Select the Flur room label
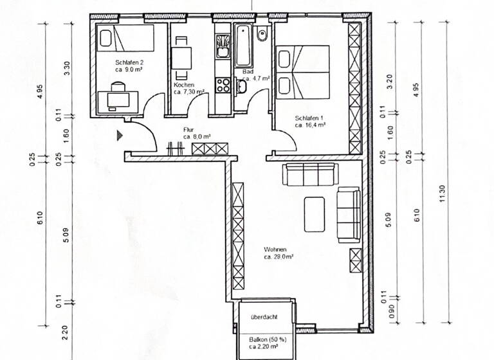click(x=188, y=129)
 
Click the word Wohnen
click(x=275, y=249)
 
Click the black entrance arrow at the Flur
click(x=119, y=135)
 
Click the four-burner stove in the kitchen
click(x=223, y=85)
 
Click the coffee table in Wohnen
click(x=314, y=215)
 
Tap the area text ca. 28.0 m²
click(x=278, y=256)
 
